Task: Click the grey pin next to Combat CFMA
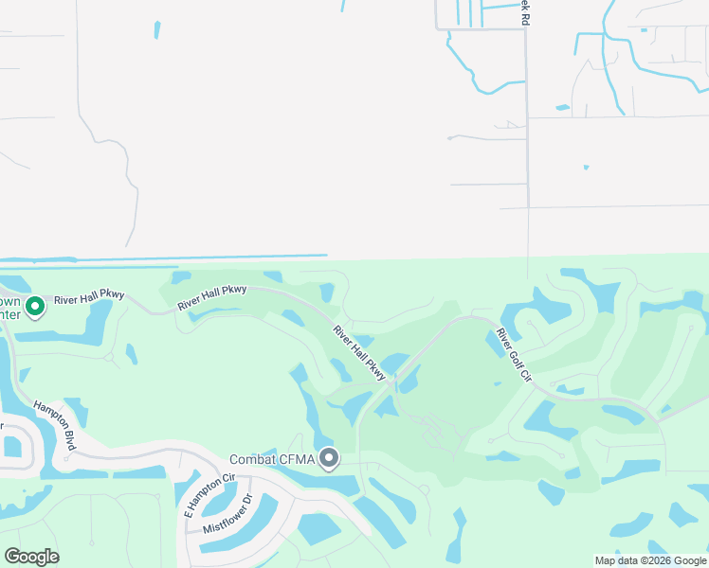329,459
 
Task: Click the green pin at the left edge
35,307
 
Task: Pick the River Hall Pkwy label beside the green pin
89,299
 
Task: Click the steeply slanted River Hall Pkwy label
358,354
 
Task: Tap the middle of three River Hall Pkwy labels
212,294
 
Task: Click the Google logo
31,557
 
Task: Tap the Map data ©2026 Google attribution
650,560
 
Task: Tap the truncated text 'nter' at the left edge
9,314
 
